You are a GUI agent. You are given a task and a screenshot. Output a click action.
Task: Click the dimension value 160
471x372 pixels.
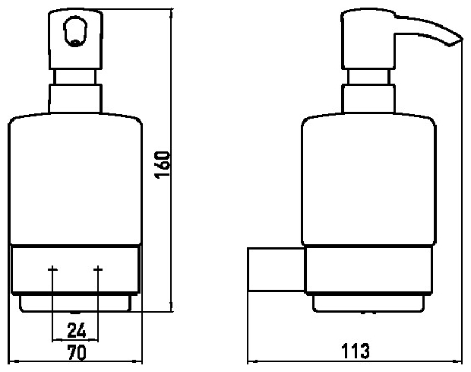point(163,165)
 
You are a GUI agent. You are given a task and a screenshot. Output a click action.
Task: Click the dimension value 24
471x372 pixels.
point(77,330)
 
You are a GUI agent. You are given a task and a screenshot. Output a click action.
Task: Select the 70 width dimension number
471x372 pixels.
point(77,352)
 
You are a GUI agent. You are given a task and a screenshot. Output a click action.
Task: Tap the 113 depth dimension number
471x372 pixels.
point(356,351)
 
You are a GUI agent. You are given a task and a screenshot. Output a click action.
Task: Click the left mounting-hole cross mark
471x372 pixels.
point(52,269)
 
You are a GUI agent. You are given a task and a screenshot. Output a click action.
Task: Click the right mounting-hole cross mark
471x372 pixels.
point(98,269)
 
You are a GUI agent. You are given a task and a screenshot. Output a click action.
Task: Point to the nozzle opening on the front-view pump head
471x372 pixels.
point(75,32)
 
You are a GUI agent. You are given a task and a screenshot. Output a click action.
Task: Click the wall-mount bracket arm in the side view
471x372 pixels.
point(276,269)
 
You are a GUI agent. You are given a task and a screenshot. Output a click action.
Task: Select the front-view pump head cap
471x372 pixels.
point(76,40)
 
